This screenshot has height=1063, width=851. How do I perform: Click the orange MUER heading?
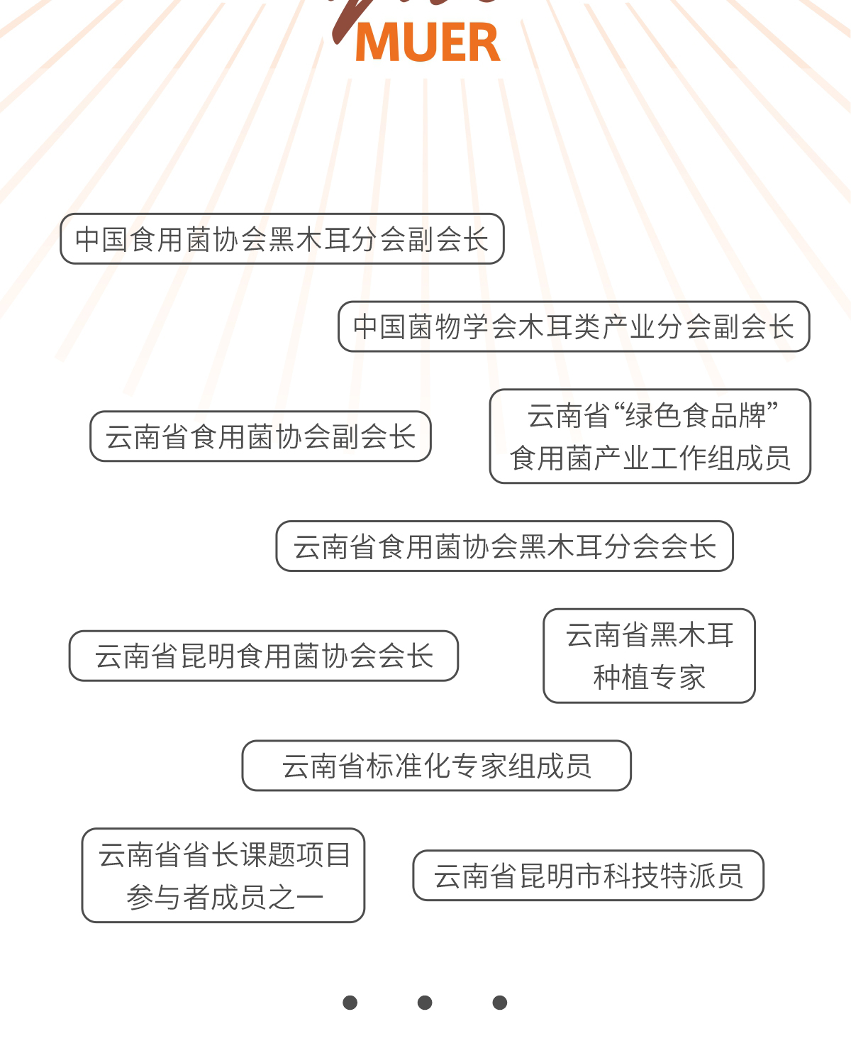(428, 43)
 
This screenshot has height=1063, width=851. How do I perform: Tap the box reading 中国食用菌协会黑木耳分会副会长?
(282, 239)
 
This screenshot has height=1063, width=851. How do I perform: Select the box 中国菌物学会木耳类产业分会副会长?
(573, 326)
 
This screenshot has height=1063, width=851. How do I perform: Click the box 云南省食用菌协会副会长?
(260, 436)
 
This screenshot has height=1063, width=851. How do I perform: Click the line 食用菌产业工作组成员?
(650, 458)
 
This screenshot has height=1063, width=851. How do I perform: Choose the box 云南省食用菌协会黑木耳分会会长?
(504, 546)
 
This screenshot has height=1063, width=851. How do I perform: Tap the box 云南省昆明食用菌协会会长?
(263, 656)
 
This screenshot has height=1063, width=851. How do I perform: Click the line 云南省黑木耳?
(649, 634)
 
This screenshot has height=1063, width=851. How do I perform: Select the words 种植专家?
(649, 677)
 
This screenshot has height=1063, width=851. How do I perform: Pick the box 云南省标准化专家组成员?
(436, 766)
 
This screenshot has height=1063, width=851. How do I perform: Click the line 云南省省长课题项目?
(224, 854)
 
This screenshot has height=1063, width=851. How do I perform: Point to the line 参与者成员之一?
(224, 897)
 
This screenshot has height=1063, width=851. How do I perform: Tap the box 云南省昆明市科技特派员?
(588, 876)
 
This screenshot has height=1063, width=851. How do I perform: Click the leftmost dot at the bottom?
(350, 1002)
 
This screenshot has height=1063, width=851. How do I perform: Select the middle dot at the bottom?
(425, 1002)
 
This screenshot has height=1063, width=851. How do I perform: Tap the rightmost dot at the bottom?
(500, 1002)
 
